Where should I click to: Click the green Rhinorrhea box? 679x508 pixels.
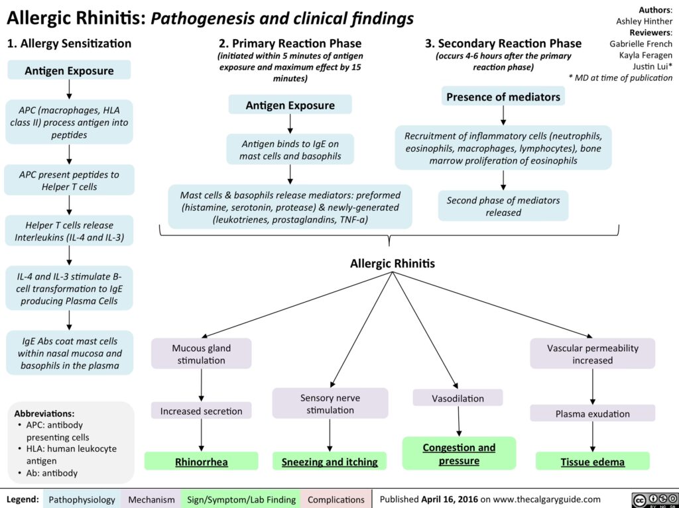click(x=202, y=462)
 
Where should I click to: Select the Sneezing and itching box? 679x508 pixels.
click(x=330, y=462)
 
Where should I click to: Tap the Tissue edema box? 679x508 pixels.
click(x=593, y=462)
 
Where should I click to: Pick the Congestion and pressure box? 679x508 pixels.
click(x=459, y=454)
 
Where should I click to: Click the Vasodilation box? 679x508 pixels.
click(x=458, y=398)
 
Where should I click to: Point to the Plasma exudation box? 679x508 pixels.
click(x=593, y=413)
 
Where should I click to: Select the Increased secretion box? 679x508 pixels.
click(x=202, y=411)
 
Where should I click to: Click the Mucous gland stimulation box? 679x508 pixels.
click(x=202, y=353)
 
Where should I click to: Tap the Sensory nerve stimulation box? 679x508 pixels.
click(x=330, y=403)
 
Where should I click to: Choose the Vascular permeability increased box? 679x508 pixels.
click(x=593, y=354)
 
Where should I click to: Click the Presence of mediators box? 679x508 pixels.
click(x=503, y=97)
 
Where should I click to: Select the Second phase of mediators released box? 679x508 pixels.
click(x=503, y=206)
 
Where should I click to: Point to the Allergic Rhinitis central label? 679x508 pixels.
click(x=392, y=263)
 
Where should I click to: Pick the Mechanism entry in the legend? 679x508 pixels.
click(x=152, y=499)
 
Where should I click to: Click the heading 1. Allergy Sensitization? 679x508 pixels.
click(x=69, y=44)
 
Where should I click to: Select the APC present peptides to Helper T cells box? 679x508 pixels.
click(x=69, y=181)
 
